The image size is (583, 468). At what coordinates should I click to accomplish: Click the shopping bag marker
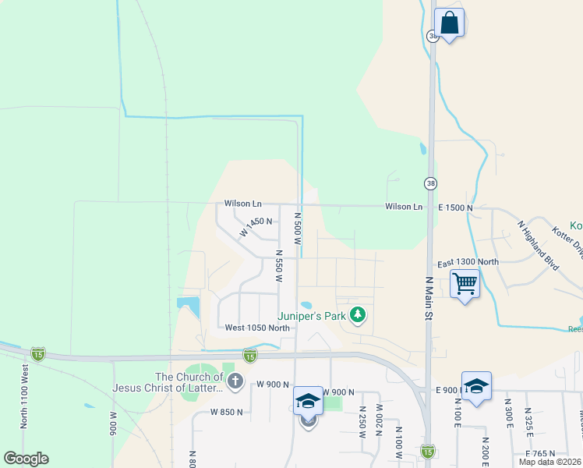[449, 23]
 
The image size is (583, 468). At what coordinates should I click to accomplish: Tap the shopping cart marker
[465, 283]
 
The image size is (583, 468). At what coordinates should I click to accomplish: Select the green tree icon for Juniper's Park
[357, 315]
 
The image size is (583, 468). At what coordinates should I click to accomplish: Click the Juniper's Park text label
[312, 316]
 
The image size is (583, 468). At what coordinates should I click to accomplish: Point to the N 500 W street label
[297, 228]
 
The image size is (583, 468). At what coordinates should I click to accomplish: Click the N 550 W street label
[278, 266]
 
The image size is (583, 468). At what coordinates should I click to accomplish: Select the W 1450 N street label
[256, 226]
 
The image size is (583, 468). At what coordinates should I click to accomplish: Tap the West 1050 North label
[257, 328]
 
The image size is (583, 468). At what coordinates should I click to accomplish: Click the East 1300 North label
[468, 262]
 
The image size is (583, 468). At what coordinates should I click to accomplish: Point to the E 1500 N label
[455, 207]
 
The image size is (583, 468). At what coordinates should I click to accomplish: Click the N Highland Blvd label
[539, 245]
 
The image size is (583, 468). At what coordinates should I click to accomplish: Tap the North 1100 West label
[24, 397]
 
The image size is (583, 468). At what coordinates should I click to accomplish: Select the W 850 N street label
[228, 411]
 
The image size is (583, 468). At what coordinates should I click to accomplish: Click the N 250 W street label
[362, 422]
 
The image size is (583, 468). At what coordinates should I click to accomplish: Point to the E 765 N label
[543, 453]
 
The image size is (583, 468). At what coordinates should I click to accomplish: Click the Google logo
[26, 459]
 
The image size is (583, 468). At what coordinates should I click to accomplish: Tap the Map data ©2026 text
[549, 462]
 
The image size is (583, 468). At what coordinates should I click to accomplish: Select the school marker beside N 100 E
[476, 386]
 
